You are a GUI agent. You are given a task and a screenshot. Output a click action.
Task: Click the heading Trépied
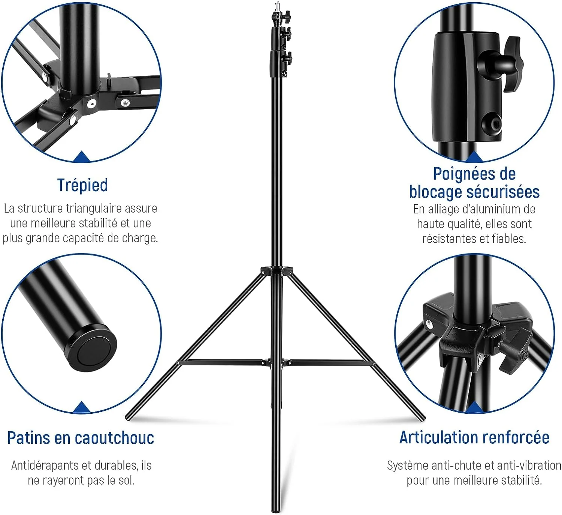(83, 185)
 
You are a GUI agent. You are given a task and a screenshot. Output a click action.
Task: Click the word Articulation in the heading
(436, 437)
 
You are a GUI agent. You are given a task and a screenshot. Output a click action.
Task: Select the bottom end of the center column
(276, 511)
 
